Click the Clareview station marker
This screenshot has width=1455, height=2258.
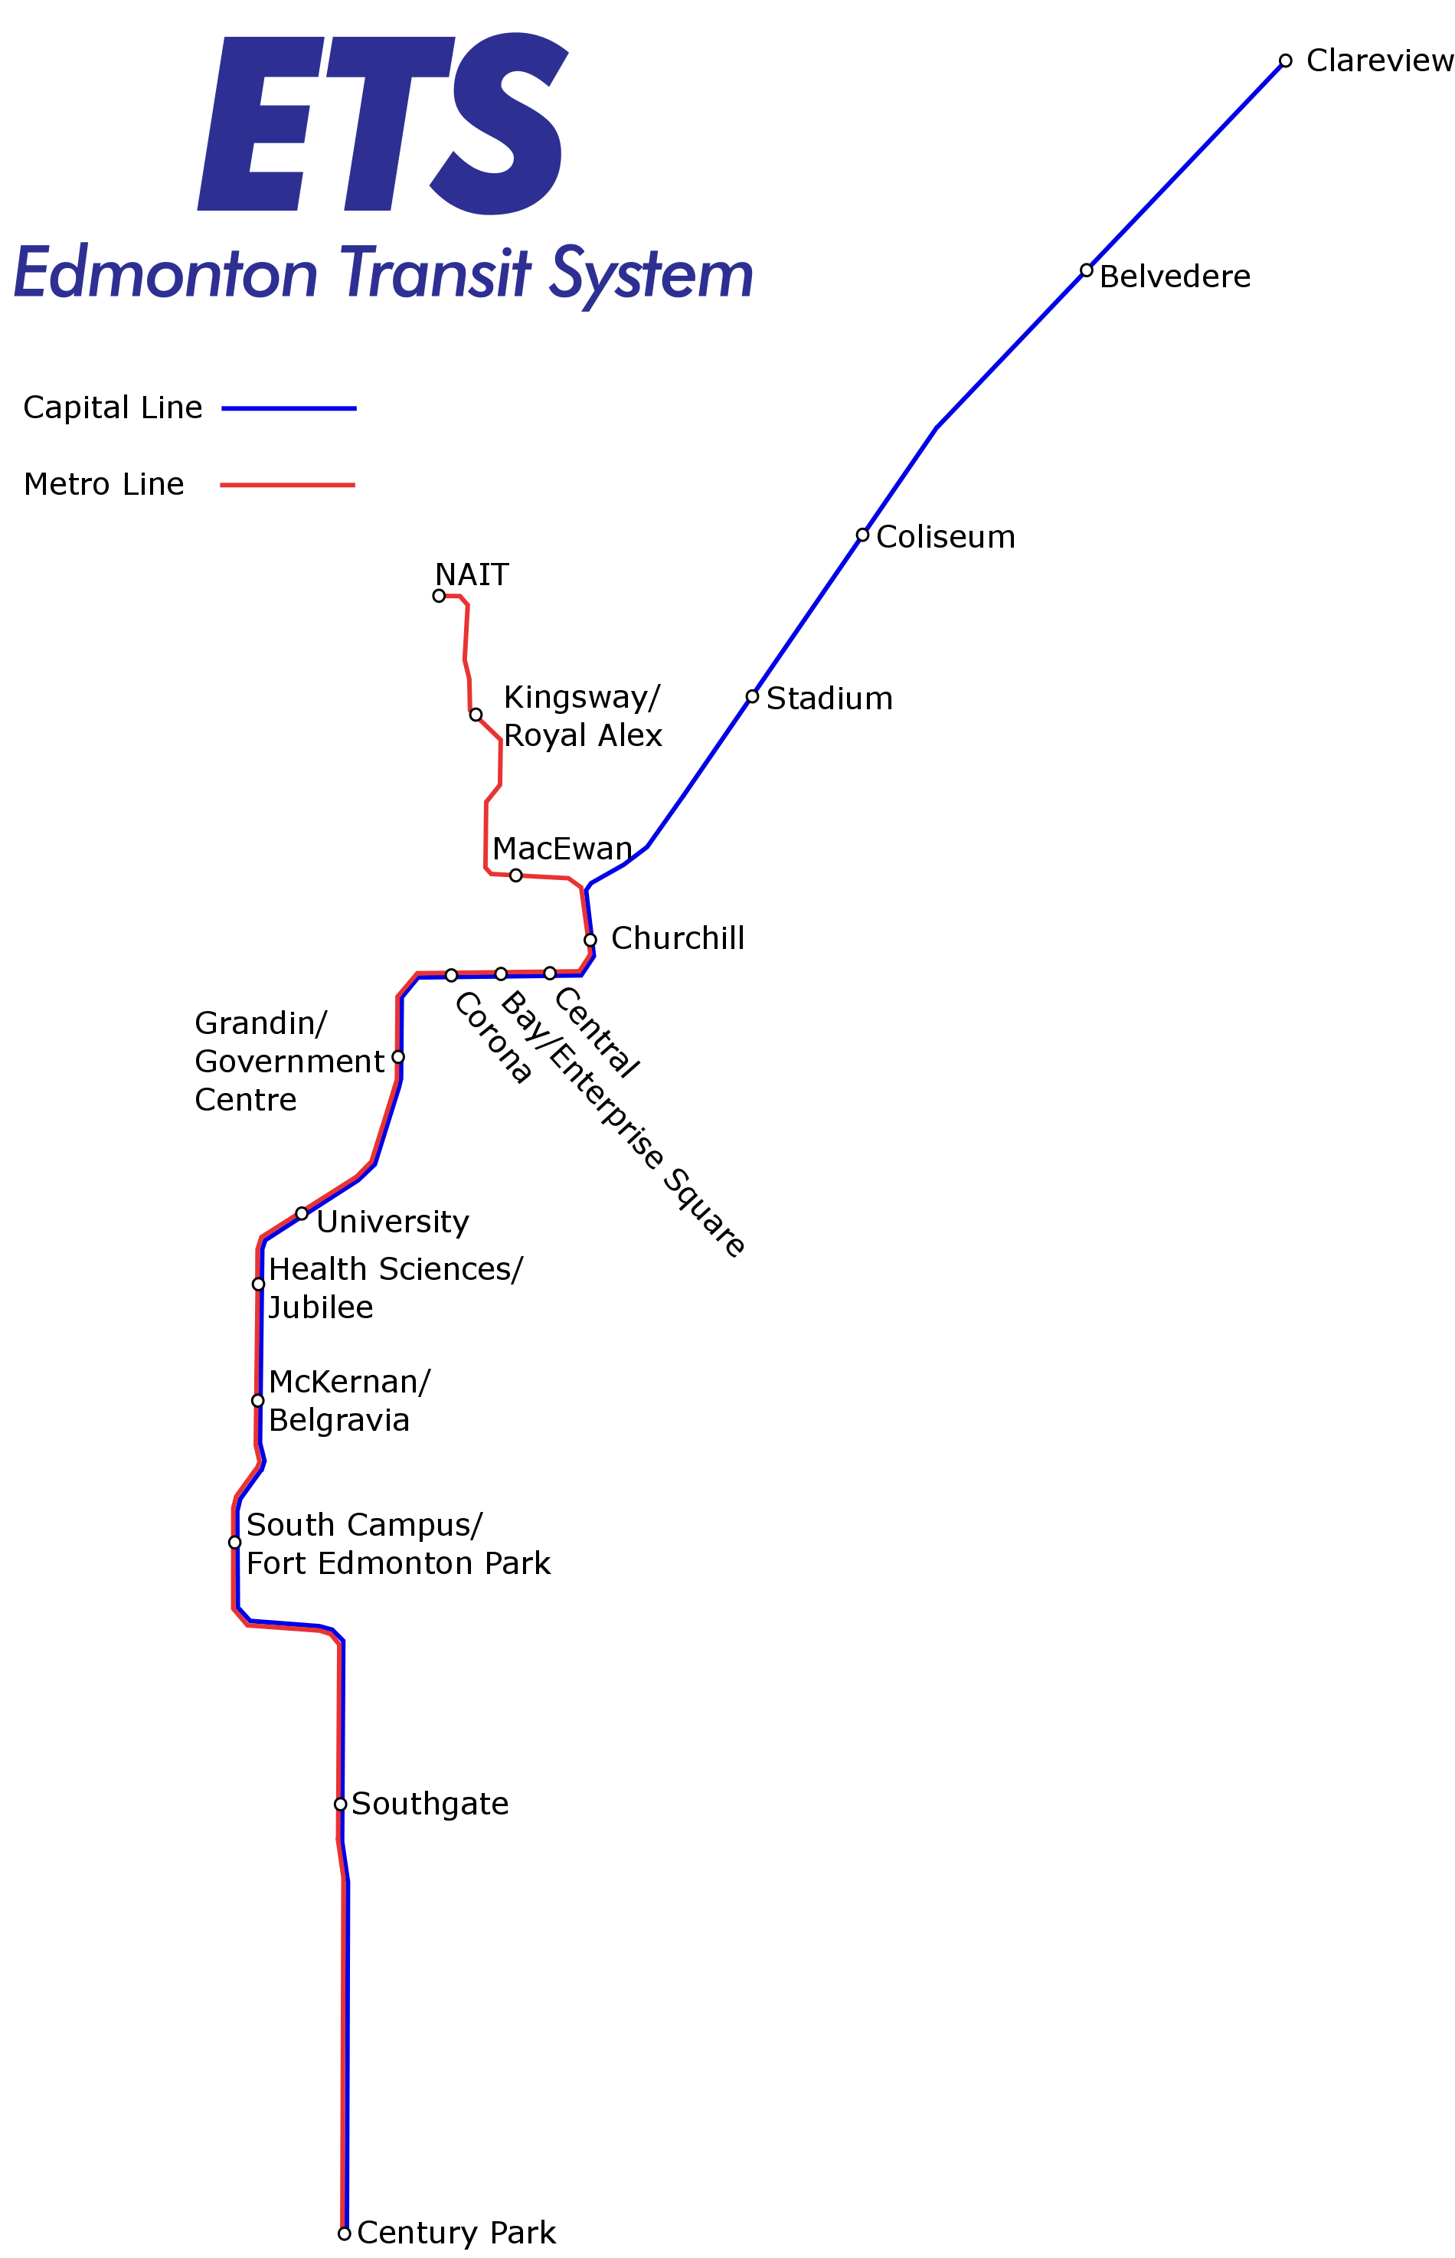click(x=1285, y=61)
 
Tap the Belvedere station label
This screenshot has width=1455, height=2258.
click(x=1175, y=277)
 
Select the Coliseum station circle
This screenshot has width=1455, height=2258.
click(x=862, y=535)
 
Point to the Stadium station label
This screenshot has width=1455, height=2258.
click(x=829, y=699)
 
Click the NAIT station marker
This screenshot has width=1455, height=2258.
click(x=440, y=595)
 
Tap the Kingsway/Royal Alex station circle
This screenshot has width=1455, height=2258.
click(x=476, y=715)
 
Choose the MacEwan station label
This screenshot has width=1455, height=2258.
click(x=561, y=849)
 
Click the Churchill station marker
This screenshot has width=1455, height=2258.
click(x=590, y=940)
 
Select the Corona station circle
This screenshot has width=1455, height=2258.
click(x=452, y=975)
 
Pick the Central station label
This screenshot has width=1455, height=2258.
click(x=597, y=1032)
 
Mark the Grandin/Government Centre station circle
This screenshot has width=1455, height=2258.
click(x=399, y=1056)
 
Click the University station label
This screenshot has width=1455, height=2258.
click(x=392, y=1222)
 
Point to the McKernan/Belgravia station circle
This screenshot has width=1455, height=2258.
click(x=258, y=1400)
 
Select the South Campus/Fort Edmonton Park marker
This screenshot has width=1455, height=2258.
click(x=234, y=1543)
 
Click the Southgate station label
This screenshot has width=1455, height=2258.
click(x=430, y=1804)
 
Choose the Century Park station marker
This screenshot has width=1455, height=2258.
click(x=345, y=2233)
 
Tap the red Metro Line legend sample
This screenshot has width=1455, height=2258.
click(x=287, y=485)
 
